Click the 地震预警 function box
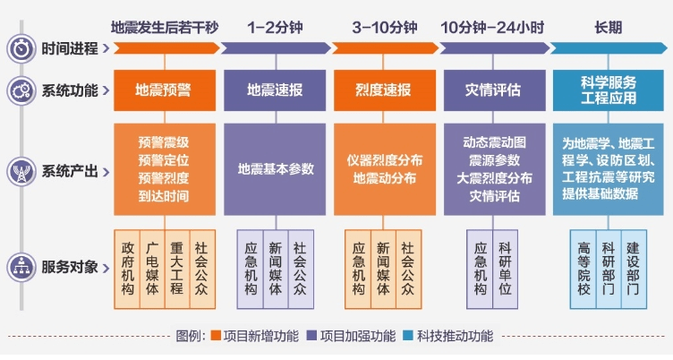pyautogui.click(x=165, y=90)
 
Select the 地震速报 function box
pyautogui.click(x=275, y=90)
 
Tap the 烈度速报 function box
pyautogui.click(x=385, y=90)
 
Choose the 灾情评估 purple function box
pyautogui.click(x=494, y=90)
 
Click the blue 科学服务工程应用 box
pyautogui.click(x=609, y=90)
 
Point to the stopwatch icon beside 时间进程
pyautogui.click(x=21, y=48)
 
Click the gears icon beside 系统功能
pyautogui.click(x=21, y=90)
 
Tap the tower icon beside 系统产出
pyautogui.click(x=21, y=171)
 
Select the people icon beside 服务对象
pyautogui.click(x=21, y=267)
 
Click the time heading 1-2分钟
pyautogui.click(x=275, y=28)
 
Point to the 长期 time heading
pyautogui.click(x=609, y=28)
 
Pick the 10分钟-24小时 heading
pyautogui.click(x=492, y=28)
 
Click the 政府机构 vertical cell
pyautogui.click(x=127, y=269)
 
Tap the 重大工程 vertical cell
pyautogui.click(x=177, y=269)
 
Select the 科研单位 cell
pyautogui.click(x=505, y=269)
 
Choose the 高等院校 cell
pyautogui.click(x=584, y=269)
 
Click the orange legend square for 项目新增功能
pyautogui.click(x=216, y=336)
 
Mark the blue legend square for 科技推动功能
pyautogui.click(x=408, y=336)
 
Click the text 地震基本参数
pyautogui.click(x=276, y=169)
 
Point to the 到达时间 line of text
pyautogui.click(x=164, y=196)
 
